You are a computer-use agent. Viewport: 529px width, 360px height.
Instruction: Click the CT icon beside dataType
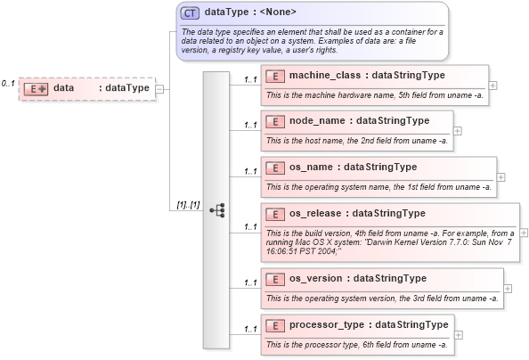point(190,13)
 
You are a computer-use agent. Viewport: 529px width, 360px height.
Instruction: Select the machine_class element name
point(326,75)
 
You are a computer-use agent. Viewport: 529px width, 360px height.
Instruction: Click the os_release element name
point(318,213)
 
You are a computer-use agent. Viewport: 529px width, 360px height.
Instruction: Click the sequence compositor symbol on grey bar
point(216,209)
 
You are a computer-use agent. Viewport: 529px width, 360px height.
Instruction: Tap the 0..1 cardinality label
point(8,83)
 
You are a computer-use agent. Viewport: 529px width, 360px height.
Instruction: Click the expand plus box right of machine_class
point(493,85)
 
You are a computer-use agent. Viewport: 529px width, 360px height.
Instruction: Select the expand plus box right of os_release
point(523,232)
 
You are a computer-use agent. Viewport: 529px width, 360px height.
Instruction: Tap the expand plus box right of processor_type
point(459,333)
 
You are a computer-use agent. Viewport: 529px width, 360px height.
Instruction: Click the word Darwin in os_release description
point(350,242)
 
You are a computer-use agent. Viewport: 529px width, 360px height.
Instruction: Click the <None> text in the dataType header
point(277,12)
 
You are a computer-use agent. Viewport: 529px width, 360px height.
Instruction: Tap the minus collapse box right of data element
point(159,88)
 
